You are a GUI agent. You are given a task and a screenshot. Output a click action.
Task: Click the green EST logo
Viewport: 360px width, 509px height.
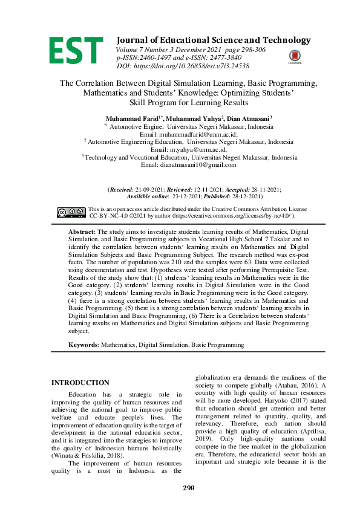[76, 50]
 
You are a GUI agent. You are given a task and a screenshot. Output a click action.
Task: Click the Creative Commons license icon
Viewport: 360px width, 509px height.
[71, 212]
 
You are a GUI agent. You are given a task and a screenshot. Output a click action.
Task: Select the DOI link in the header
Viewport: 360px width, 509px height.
[206, 65]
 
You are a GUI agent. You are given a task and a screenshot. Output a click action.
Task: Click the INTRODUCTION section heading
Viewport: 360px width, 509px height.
[80, 383]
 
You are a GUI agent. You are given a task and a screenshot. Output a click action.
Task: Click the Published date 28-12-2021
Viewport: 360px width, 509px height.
[243, 196]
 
